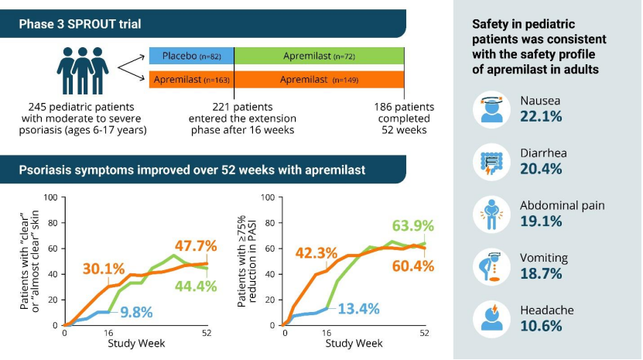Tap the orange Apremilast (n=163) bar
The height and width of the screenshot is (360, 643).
tap(190, 79)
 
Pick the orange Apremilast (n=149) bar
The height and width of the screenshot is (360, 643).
tap(318, 79)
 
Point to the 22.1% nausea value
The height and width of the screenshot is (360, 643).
tap(542, 116)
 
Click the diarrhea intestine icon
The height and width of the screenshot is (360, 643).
tap(493, 161)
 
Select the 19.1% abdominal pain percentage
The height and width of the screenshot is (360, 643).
tap(541, 221)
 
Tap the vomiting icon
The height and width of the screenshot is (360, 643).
tap(493, 266)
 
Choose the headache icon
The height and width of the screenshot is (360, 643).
tap(493, 317)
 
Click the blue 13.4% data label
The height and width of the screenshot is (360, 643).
tap(357, 308)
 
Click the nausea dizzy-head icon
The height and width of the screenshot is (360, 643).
tap(493, 109)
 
